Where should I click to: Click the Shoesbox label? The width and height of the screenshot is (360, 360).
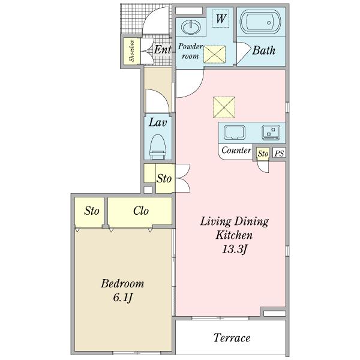[x=131, y=51]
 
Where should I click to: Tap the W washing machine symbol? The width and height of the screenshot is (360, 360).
[x=221, y=19]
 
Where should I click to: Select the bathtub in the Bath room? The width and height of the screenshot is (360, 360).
[x=260, y=22]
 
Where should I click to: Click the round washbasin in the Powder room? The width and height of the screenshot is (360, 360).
[x=191, y=27]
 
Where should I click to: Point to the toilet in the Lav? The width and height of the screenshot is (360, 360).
[x=158, y=147]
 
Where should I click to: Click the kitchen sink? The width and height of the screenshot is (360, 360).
[x=234, y=133]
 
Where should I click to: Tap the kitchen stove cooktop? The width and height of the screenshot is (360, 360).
[x=271, y=132]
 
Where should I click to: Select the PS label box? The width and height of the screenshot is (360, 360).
[x=279, y=153]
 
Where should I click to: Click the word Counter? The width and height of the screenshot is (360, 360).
[x=236, y=151]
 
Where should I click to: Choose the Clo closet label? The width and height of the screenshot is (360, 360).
[x=141, y=211]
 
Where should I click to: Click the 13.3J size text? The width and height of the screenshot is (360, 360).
[x=234, y=249]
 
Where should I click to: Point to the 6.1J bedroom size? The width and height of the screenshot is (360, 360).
[x=123, y=298]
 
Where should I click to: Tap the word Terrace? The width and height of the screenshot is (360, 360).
[x=232, y=338]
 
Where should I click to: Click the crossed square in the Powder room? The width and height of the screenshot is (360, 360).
[x=215, y=55]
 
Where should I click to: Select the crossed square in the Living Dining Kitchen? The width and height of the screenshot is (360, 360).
[x=224, y=107]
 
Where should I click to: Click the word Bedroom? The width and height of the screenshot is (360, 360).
[x=122, y=284]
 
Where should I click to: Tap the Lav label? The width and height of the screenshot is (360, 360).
[x=157, y=122]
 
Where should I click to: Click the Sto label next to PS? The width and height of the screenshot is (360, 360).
[x=263, y=154]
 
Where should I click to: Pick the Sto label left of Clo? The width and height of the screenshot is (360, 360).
[x=92, y=211]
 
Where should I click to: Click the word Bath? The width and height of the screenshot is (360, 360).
[x=263, y=50]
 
